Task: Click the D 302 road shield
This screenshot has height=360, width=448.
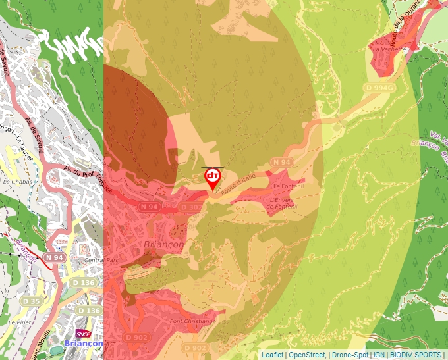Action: click(191, 207)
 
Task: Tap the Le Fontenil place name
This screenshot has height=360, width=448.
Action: click(287, 186)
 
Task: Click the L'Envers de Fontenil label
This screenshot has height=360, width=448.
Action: click(282, 202)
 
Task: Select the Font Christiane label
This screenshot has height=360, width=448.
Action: click(192, 321)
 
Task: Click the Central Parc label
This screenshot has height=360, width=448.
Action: click(100, 260)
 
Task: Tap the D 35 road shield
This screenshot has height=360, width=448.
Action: click(30, 301)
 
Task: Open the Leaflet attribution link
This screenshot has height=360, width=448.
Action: click(272, 355)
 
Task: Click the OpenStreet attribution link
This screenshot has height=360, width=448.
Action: click(306, 355)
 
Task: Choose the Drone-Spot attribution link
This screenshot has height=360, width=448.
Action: click(349, 355)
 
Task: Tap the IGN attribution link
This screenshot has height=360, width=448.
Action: click(379, 355)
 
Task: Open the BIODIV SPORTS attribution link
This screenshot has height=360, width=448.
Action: click(416, 355)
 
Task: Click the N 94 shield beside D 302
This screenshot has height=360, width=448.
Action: click(150, 207)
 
